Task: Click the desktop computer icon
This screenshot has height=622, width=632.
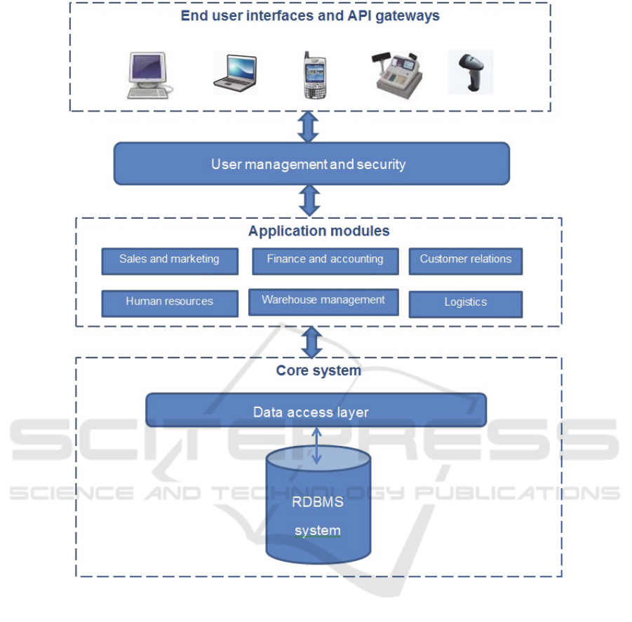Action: (148, 73)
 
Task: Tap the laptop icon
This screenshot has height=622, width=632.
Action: (235, 73)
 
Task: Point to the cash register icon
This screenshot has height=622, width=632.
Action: (398, 72)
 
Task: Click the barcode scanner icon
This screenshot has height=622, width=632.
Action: (471, 72)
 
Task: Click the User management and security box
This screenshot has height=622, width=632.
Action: (311, 164)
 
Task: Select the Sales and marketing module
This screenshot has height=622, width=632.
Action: (170, 260)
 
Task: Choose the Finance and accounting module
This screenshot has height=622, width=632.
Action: (325, 260)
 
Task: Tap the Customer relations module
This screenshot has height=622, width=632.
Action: (465, 260)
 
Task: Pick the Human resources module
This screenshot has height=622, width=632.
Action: (170, 303)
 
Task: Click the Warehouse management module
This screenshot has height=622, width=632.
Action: (323, 302)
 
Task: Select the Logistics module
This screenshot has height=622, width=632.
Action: (465, 304)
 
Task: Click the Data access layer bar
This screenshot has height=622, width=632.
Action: (316, 411)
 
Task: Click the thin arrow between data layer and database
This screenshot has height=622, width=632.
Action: (317, 445)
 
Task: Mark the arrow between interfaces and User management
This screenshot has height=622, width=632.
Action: (309, 127)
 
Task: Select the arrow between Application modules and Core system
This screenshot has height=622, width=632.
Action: (311, 342)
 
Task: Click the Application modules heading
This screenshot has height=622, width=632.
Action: (318, 231)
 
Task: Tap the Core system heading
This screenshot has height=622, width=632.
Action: (318, 370)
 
